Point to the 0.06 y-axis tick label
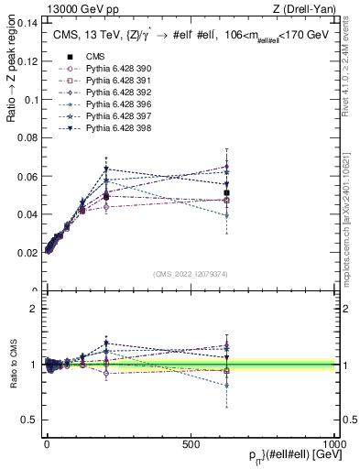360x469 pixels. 27,176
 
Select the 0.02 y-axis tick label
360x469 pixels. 27,253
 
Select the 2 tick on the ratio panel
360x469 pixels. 35,309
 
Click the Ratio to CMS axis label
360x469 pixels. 14,365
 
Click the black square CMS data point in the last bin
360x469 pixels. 226,192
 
